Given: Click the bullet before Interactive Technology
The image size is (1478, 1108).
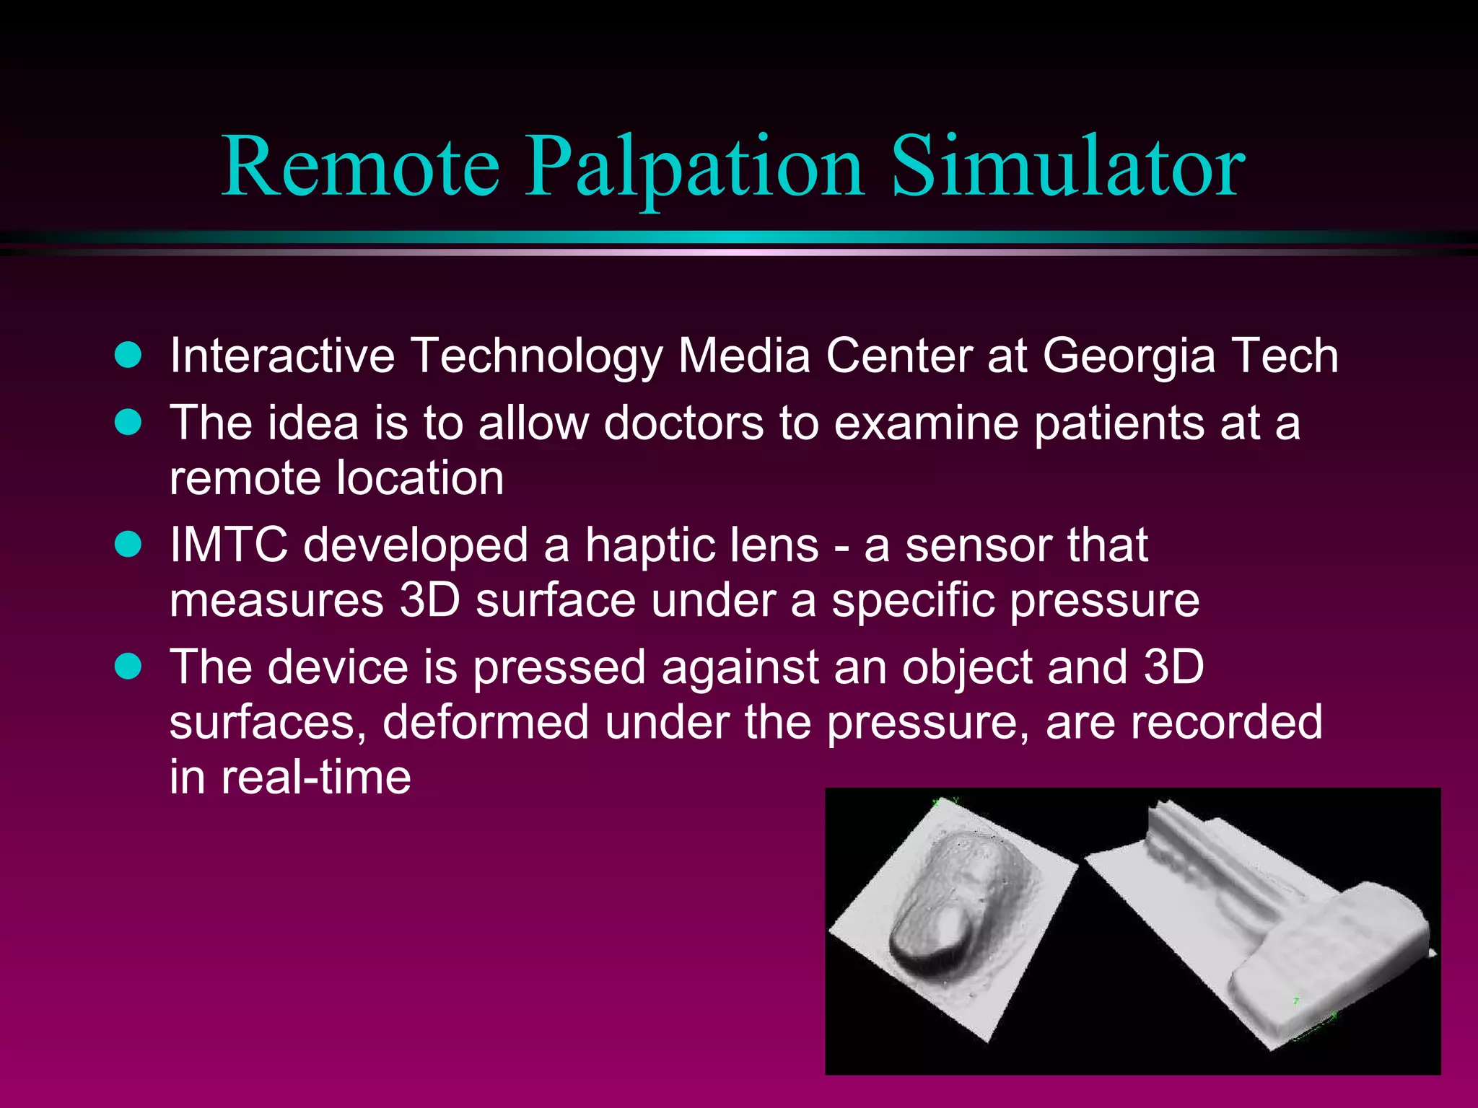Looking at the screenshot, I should coord(128,356).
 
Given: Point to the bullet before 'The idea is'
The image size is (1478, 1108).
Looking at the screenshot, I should coord(128,422).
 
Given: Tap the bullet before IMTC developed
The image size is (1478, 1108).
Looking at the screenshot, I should coord(128,544).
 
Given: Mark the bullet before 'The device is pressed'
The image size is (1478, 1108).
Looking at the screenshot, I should coord(128,666).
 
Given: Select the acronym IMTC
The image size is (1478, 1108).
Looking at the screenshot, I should coord(229,545).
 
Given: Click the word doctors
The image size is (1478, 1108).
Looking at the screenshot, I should coord(683,423).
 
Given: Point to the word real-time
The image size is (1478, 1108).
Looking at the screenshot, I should coord(316,778).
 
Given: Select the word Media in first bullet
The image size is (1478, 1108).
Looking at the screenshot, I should coord(743,356).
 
